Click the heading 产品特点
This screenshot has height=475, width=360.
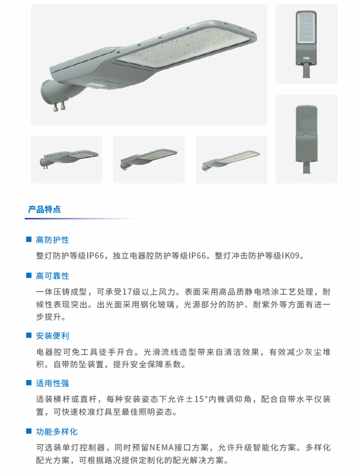click(44, 209)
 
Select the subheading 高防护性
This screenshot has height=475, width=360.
click(52, 240)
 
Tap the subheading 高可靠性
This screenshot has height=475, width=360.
click(52, 276)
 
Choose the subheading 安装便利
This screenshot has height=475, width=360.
click(52, 336)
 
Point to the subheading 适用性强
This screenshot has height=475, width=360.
click(52, 383)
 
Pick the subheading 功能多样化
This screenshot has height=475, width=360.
click(57, 432)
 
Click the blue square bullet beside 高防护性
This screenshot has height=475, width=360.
click(29, 240)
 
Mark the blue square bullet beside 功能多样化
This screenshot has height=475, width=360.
click(29, 431)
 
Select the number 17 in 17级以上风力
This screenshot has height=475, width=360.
click(127, 292)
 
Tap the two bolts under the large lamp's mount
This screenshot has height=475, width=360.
click(59, 107)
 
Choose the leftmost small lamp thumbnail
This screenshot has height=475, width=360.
click(67, 159)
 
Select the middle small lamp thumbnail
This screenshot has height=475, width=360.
click(149, 159)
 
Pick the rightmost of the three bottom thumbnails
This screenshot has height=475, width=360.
click(232, 159)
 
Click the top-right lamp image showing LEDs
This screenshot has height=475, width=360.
click(306, 44)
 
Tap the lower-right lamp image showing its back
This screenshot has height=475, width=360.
click(306, 139)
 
